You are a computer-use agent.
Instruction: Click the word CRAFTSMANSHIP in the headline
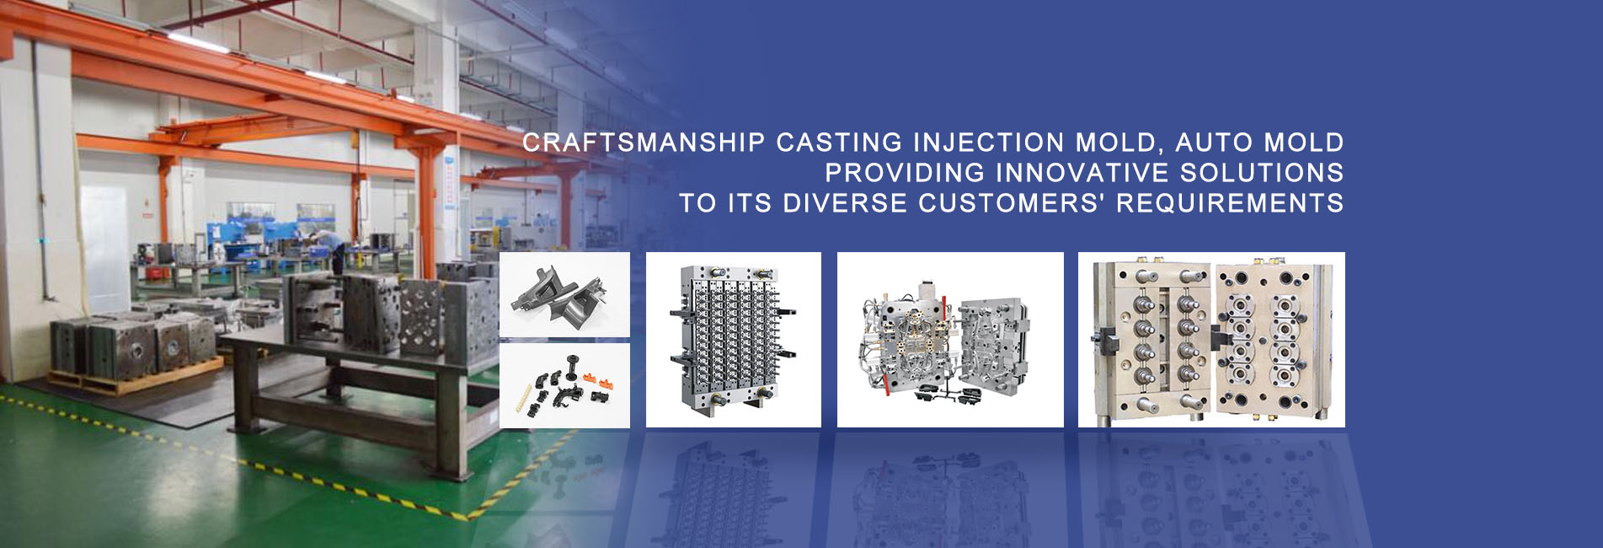pos(644,142)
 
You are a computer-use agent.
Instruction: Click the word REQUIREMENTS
pos(1230,203)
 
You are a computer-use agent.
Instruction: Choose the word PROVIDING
pos(905,173)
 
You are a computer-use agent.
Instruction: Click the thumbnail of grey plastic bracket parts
pos(564,294)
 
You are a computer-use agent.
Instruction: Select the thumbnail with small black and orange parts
pos(564,385)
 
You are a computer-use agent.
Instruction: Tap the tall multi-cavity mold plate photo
pos(733,340)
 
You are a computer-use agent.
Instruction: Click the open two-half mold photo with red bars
pos(950,340)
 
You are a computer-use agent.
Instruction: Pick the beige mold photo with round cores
pos(1211,340)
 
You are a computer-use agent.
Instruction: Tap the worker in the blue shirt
pos(333,244)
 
